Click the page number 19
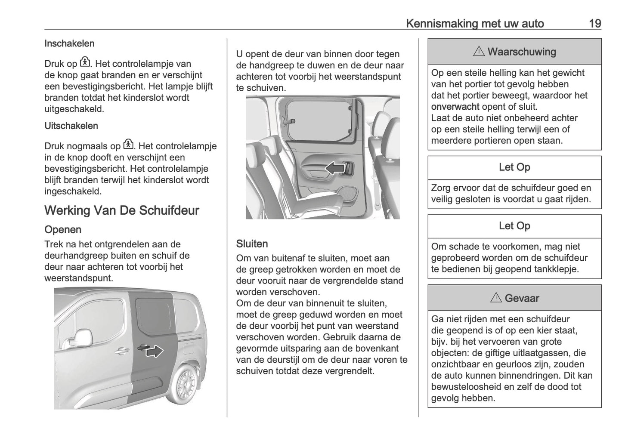595,23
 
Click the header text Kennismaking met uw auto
475,23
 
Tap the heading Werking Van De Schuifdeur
122,210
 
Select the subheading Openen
63,230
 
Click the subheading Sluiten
252,244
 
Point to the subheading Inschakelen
69,43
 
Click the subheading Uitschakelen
71,126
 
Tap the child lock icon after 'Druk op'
85,62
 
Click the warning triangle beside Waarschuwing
478,52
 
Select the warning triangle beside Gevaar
495,298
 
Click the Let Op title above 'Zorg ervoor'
514,167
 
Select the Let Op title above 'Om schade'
514,226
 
